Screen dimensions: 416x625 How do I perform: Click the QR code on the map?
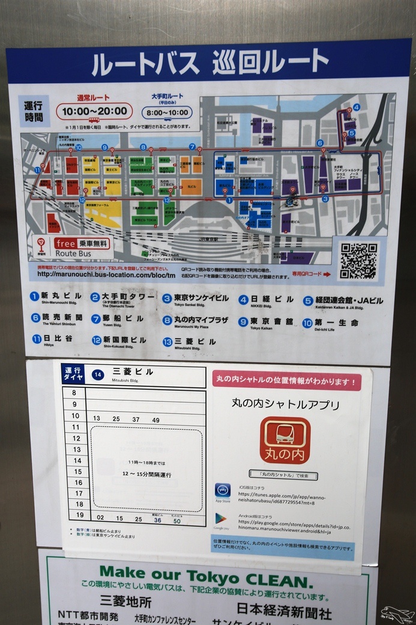click(x=359, y=260)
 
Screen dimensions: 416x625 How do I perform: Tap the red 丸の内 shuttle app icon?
click(x=285, y=440)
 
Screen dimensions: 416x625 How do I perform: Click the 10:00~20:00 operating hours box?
click(x=95, y=111)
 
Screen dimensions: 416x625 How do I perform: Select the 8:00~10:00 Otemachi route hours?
click(x=167, y=112)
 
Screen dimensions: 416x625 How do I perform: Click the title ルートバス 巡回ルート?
click(x=210, y=62)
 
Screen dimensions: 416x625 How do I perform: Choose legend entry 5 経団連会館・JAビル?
click(x=342, y=300)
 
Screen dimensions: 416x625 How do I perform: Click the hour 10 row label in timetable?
click(x=75, y=416)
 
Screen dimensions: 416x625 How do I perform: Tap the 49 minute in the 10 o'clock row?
click(x=155, y=419)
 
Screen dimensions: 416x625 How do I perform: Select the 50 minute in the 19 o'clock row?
click(x=176, y=520)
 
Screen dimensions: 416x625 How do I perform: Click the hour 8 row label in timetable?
click(x=74, y=393)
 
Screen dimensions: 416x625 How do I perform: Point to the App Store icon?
click(x=223, y=490)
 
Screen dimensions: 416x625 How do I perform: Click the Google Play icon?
click(x=221, y=519)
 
